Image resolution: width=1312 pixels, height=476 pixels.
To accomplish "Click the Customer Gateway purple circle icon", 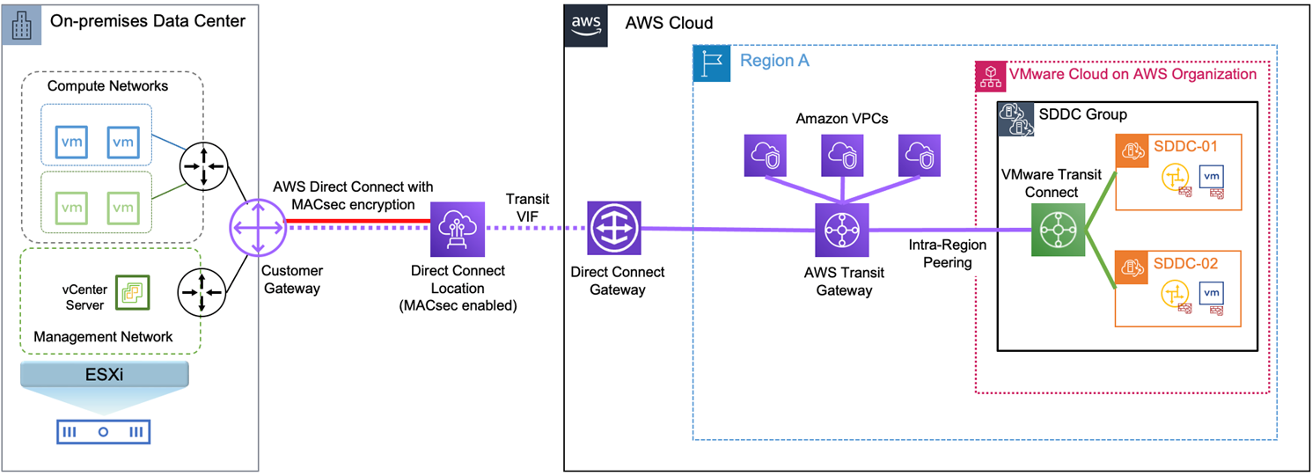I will tap(257, 227).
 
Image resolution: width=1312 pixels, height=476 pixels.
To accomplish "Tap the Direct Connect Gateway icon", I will tap(614, 227).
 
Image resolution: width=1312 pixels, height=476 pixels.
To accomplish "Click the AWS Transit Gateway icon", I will tap(842, 230).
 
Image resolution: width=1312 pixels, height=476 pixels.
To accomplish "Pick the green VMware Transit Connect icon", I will tap(1058, 230).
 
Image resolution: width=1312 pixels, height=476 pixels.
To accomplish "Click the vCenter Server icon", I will tap(132, 292).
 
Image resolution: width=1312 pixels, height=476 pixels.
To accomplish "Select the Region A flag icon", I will tap(711, 63).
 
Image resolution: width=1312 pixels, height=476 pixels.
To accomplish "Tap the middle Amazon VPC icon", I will tap(842, 156).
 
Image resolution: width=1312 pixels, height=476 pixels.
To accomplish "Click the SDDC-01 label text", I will tap(1187, 146).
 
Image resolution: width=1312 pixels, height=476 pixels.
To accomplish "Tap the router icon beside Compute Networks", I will tap(203, 165).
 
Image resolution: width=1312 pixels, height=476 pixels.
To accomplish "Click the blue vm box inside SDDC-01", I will tap(1212, 176).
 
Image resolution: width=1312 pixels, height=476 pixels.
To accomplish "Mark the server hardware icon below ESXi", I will tap(103, 431).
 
